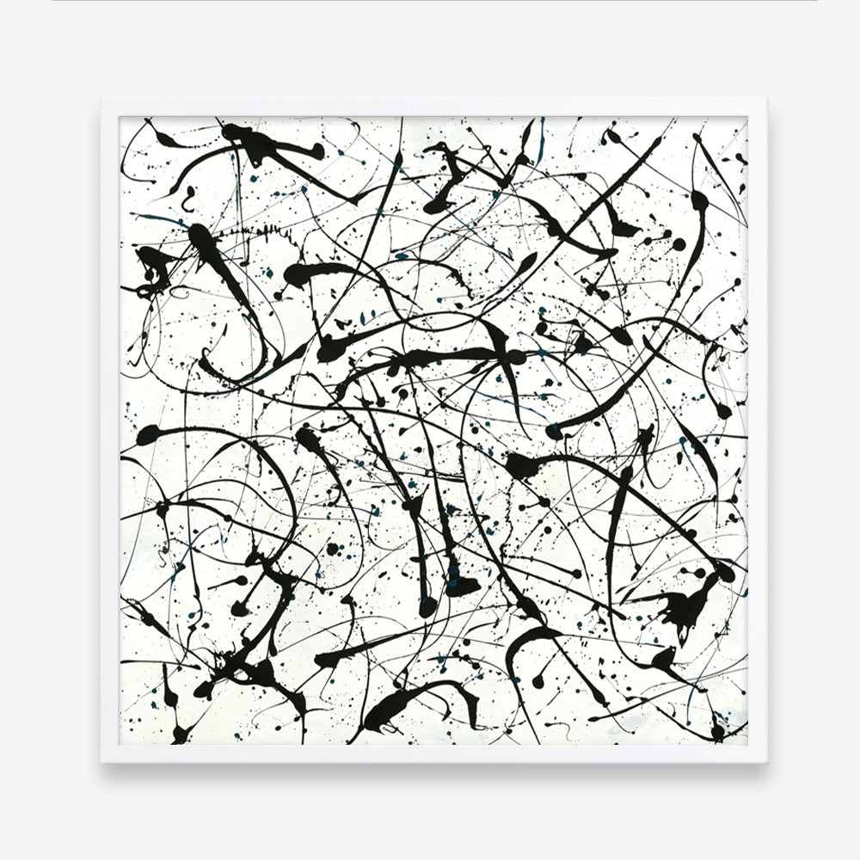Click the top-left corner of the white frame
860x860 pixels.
tap(101, 101)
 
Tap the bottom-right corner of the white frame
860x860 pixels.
tap(766, 763)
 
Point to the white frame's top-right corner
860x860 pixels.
tap(766, 101)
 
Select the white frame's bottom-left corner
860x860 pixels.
tap(101, 763)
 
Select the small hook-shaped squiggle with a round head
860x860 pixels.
tap(186, 200)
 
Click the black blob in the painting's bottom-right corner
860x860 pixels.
tap(718, 732)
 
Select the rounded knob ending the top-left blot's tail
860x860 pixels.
tap(318, 152)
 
